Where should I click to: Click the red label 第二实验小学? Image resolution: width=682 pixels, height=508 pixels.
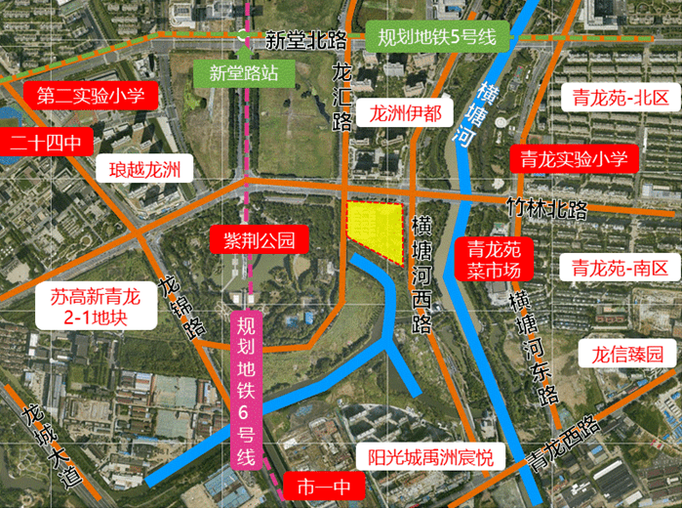[90, 96]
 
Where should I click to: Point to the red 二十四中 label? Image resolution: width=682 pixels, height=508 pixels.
[45, 143]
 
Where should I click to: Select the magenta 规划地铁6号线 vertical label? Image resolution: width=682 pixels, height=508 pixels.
[247, 391]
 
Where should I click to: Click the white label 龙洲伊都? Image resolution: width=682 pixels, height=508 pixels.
[404, 114]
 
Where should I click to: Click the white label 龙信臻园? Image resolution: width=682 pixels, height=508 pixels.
[627, 354]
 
